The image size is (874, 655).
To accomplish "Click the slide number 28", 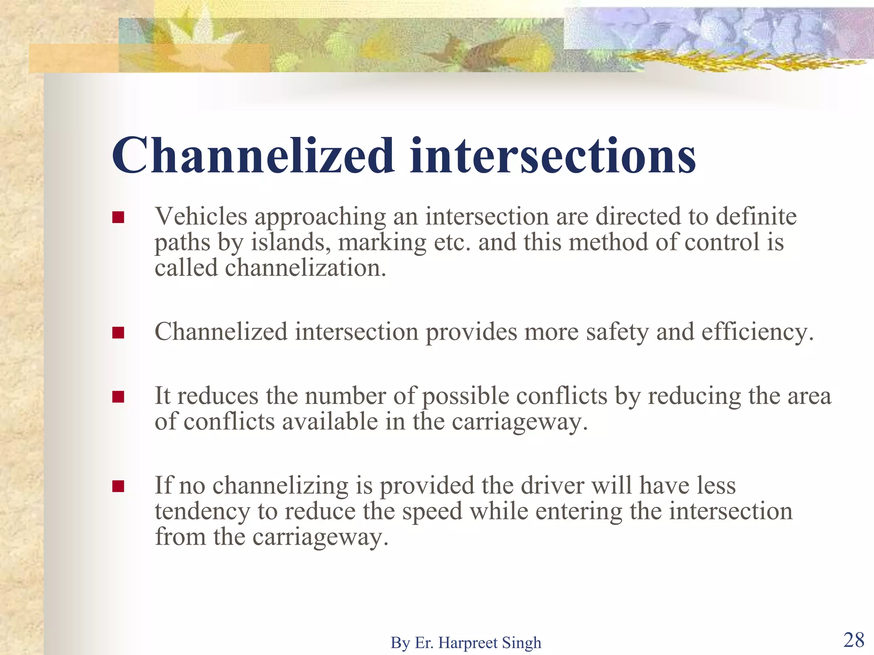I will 854,640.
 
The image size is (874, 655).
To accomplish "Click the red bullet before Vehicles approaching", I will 118,217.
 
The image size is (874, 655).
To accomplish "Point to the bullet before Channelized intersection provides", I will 118,333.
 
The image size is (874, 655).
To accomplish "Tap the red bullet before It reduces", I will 118,397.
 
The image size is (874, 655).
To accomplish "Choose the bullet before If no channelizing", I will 118,486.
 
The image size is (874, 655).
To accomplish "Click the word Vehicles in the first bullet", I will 201,216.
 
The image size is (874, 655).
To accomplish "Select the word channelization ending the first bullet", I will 305,268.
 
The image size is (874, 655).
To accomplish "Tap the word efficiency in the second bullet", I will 757,332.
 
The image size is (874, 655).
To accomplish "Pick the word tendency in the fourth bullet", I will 202,511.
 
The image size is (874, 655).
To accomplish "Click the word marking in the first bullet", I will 382,242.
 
